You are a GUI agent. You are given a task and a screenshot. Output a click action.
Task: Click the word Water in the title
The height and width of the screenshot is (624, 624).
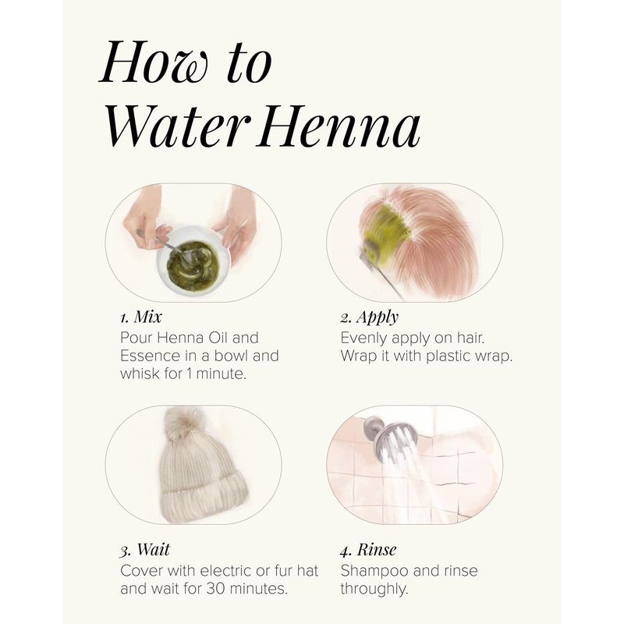[x=177, y=126]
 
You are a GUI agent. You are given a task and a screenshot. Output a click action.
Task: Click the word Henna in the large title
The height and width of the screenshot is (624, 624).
[x=339, y=126]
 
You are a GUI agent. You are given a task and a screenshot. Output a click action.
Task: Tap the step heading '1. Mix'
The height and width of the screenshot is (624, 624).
[x=141, y=317]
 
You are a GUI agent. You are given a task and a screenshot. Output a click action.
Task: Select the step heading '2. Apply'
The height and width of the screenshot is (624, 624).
[x=369, y=317]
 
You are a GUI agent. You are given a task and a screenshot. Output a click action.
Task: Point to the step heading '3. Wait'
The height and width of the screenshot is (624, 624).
[x=145, y=550]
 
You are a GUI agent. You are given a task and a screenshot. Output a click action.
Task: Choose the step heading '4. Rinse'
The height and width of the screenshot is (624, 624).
[x=368, y=550]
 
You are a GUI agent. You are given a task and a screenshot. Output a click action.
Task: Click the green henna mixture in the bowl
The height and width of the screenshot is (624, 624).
[x=193, y=261]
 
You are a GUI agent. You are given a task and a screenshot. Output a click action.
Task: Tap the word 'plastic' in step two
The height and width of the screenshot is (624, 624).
[x=448, y=356]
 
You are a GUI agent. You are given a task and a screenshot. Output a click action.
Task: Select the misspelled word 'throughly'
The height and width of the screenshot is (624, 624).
[x=374, y=589]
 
